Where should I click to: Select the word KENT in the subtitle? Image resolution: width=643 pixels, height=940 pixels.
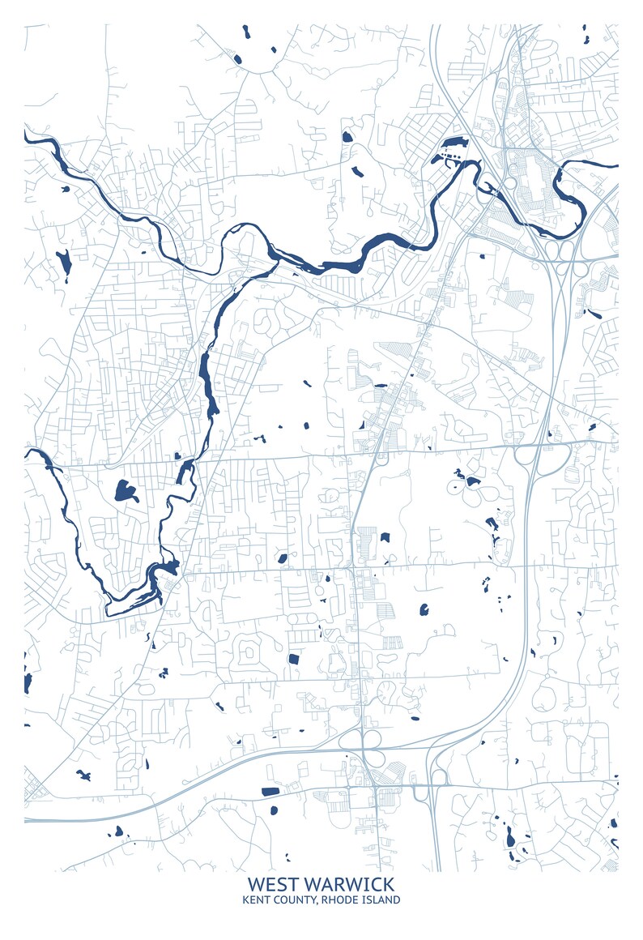pos(257,899)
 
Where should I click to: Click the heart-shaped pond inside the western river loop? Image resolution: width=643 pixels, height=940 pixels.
pos(126,490)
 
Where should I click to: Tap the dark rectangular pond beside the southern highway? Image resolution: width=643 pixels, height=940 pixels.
pos(270,791)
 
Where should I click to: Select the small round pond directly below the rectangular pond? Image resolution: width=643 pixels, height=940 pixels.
pos(273,810)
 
